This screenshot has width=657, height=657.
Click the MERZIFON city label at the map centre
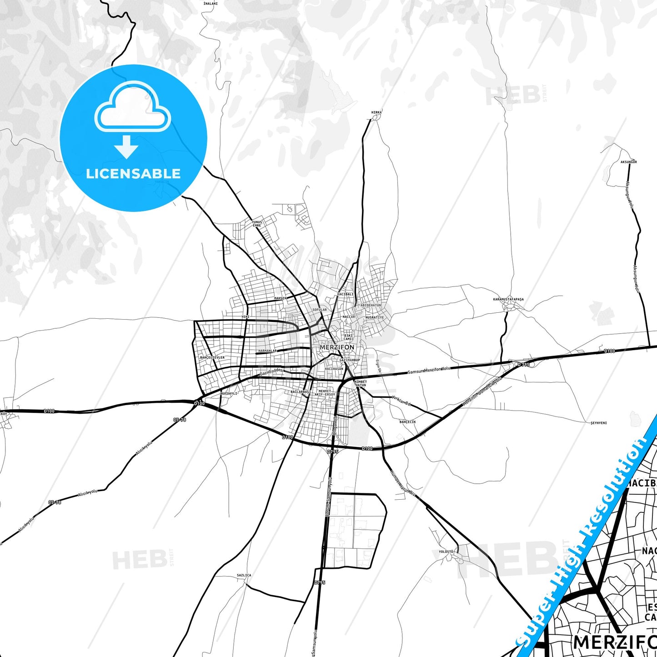336,347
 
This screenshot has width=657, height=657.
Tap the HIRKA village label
376,112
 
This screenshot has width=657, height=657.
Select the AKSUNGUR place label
629,162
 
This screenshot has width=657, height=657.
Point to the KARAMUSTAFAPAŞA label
508,299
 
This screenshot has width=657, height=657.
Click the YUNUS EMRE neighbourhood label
257,224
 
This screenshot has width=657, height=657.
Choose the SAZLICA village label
244,575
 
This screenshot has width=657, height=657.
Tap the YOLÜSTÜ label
446,552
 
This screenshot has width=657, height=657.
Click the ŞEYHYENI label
598,423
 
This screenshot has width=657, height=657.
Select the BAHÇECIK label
407,422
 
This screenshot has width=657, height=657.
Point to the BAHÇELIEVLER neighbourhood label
212,357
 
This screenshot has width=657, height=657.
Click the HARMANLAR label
267,351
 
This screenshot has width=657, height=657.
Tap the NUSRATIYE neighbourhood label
375,317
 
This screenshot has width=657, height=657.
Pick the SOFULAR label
320,310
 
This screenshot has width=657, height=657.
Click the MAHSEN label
281,298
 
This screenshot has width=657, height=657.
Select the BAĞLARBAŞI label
301,391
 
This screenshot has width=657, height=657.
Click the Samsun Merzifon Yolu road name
429,371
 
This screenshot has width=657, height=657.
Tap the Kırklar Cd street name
401,402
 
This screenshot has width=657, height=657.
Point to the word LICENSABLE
133,173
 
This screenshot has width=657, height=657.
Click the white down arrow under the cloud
126,147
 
